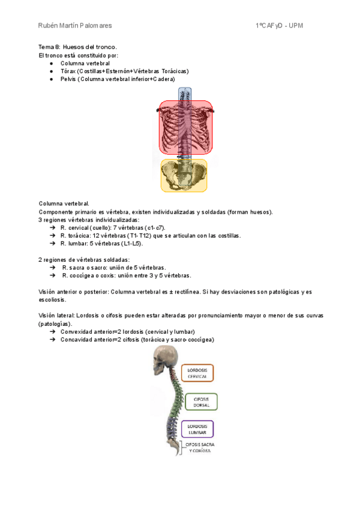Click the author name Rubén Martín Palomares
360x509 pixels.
(74, 26)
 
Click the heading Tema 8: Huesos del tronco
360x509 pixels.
(77, 47)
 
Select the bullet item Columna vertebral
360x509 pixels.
(85, 63)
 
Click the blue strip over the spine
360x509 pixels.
(185, 94)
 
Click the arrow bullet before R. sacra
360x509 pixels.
(53, 268)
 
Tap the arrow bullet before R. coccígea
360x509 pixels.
(53, 276)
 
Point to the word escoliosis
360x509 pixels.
(52, 300)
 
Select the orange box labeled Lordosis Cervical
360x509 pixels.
(197, 373)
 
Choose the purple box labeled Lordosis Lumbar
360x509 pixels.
(197, 429)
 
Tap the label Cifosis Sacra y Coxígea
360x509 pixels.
(199, 448)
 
